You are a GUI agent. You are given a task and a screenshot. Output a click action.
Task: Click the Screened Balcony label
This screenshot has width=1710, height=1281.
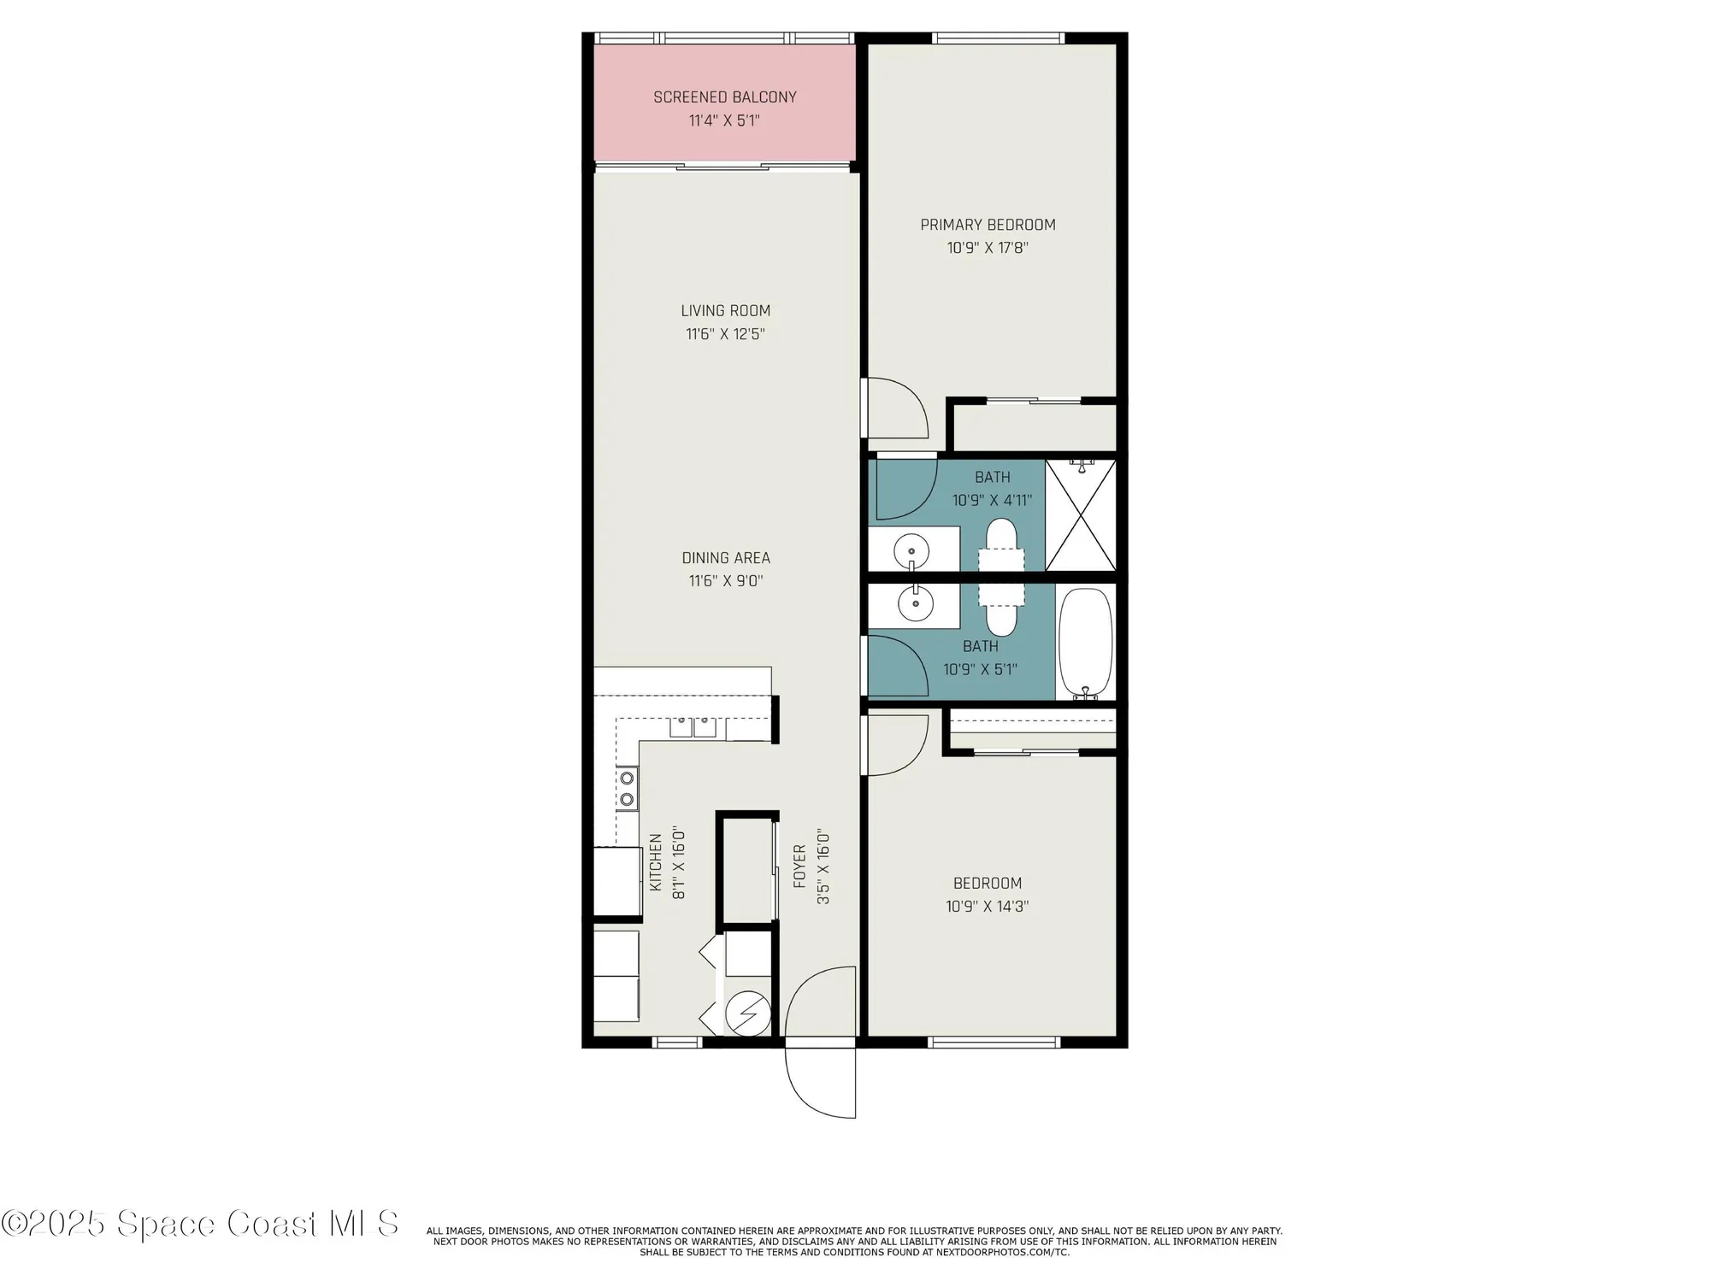[724, 97]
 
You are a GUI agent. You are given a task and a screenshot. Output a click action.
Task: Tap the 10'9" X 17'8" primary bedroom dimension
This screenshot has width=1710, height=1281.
[987, 249]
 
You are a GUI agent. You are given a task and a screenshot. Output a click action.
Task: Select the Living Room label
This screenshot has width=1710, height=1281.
[725, 311]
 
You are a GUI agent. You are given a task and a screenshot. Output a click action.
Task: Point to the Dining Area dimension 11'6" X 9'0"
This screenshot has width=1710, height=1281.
[725, 581]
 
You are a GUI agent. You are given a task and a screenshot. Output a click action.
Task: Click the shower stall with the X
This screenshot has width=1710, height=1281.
[1081, 515]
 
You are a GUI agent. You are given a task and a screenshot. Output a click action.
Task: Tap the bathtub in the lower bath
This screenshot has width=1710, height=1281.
[1085, 642]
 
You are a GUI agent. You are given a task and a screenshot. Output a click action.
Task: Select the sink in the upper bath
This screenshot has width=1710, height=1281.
[911, 549]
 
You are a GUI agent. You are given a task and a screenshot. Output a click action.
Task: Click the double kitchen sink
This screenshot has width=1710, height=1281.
[693, 727]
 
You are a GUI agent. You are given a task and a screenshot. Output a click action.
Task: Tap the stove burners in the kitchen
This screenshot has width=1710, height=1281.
[627, 789]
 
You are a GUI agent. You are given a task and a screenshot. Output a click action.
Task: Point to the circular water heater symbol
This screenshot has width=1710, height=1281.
[747, 1014]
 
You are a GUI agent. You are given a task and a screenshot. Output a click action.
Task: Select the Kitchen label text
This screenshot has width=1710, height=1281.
[656, 862]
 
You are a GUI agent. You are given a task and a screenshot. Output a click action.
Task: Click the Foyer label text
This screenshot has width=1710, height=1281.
[799, 866]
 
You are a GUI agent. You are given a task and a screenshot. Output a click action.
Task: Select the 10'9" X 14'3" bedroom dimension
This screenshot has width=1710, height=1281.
[987, 907]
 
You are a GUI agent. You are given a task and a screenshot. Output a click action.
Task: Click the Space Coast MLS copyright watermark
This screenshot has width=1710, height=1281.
[200, 1224]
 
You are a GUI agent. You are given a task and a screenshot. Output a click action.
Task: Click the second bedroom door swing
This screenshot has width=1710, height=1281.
[896, 745]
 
